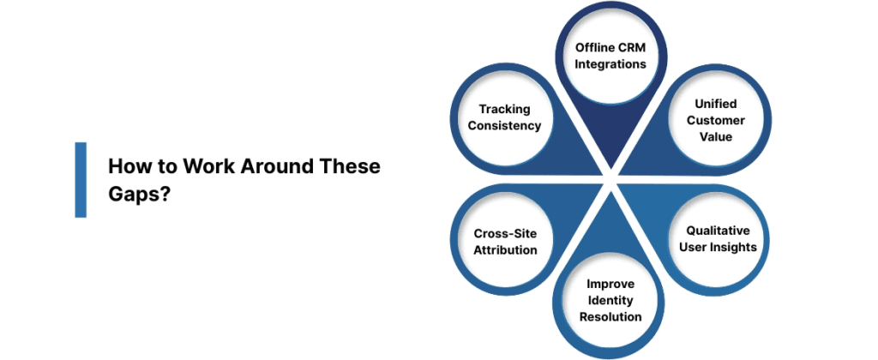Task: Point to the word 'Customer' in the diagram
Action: (715, 120)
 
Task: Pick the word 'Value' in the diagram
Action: (715, 136)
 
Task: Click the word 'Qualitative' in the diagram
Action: (718, 231)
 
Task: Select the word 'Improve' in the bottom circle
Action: (610, 283)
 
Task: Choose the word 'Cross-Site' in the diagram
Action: (505, 233)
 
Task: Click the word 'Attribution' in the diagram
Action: (505, 250)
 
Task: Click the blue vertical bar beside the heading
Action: (81, 178)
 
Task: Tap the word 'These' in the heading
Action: (350, 166)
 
